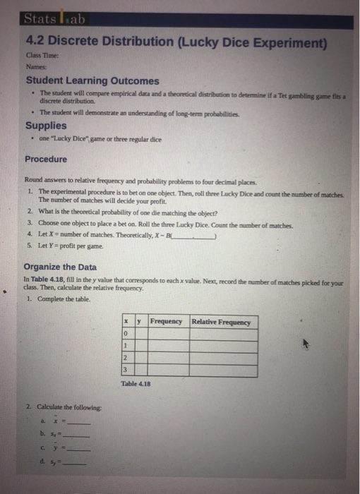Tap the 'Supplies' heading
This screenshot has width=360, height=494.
coord(47,126)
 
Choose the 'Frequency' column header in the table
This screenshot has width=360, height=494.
coord(167,322)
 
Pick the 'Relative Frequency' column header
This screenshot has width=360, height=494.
coord(222,322)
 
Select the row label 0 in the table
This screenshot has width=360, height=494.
coord(125,335)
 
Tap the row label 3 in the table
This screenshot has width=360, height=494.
coord(125,370)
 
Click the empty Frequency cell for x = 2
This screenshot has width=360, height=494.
coord(167,359)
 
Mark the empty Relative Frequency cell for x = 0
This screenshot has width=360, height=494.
coord(222,335)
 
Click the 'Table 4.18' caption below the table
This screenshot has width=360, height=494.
coord(136,384)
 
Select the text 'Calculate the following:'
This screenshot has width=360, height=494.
coord(68,408)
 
